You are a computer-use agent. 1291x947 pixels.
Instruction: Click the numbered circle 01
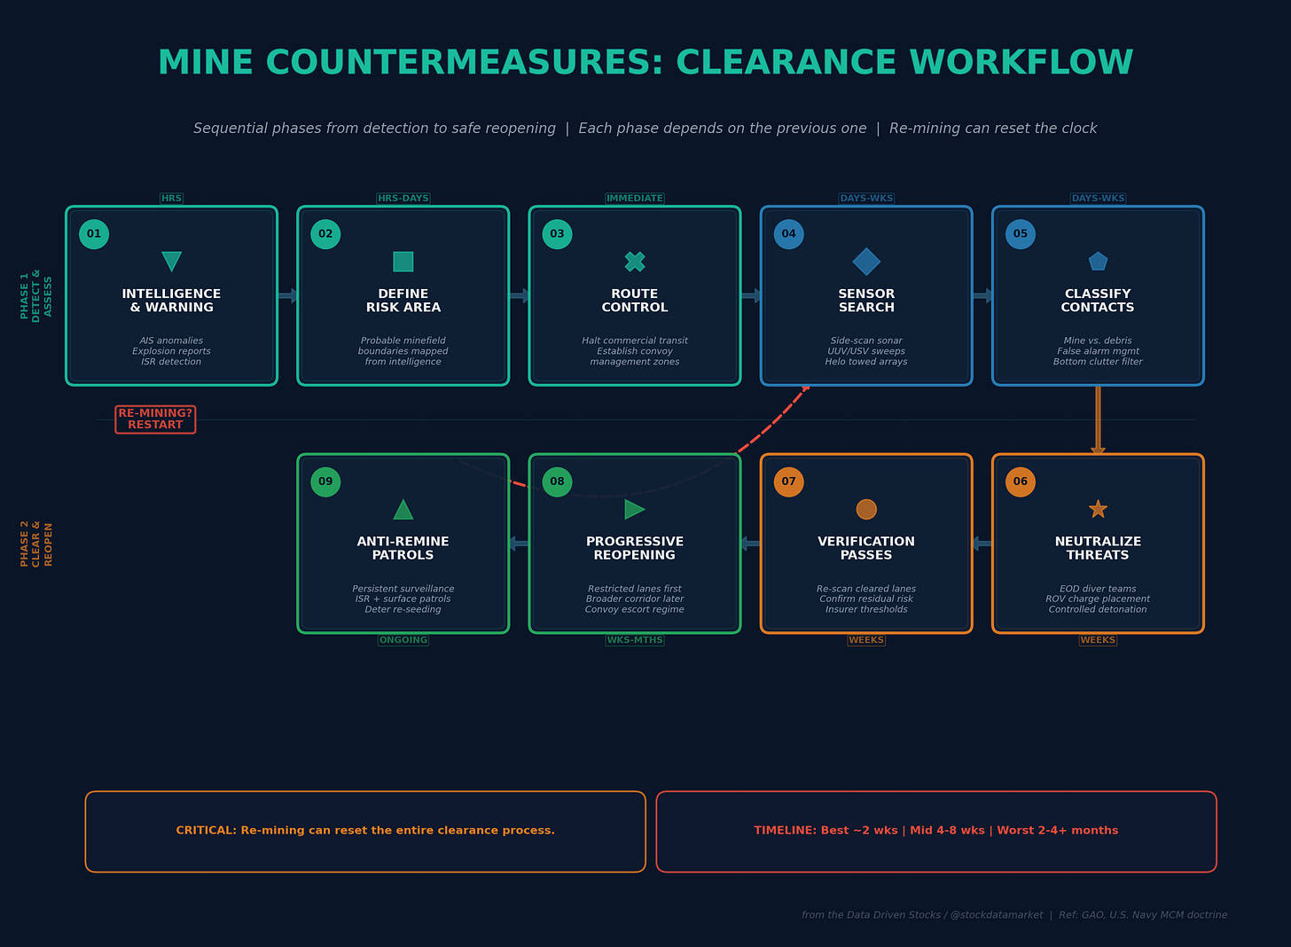94,234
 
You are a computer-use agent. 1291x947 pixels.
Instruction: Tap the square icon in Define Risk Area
403,262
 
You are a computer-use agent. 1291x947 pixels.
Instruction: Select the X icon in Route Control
635,262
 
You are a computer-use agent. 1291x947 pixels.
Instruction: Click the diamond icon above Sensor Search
866,262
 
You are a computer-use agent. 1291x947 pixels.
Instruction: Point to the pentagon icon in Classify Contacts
1098,262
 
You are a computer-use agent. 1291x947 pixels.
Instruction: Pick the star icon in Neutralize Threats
1098,509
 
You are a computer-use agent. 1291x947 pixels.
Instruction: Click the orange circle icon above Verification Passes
866,509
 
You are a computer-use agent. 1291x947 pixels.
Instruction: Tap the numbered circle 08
557,481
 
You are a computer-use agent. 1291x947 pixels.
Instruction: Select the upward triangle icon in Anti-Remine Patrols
403,509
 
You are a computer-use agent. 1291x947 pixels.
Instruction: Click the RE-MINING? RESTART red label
155,419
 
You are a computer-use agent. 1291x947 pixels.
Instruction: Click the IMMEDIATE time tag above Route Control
635,199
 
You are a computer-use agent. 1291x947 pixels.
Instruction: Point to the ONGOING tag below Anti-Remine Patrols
403,640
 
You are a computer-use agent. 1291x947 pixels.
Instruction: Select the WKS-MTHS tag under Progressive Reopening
635,640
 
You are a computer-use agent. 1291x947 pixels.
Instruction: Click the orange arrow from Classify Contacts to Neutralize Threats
1098,420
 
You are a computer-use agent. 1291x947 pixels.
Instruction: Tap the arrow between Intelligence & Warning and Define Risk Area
287,296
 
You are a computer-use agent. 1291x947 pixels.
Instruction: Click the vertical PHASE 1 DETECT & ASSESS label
36,295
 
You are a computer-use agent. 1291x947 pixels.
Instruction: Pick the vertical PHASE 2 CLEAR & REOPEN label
36,544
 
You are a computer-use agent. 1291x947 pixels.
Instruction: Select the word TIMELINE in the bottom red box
785,831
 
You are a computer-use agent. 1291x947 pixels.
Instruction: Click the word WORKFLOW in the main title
1021,63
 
